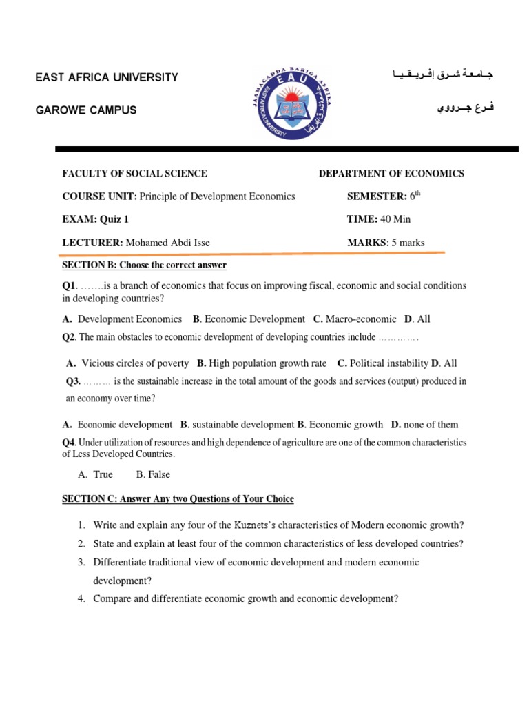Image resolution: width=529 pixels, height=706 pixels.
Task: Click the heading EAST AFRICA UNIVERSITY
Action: pos(107,77)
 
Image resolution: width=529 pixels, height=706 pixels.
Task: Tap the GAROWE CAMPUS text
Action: pos(86,110)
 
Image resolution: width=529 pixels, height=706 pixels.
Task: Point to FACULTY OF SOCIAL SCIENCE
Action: pos(135,174)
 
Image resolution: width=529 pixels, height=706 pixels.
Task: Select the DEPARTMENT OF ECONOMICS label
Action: pos(391,174)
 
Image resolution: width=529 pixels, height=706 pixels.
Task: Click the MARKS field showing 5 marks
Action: pos(386,242)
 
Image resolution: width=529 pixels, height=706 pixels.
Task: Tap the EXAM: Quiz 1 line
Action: pos(96,219)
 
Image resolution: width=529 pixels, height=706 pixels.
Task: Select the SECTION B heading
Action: pos(145,265)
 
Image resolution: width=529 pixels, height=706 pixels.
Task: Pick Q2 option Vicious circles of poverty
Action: pos(135,363)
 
